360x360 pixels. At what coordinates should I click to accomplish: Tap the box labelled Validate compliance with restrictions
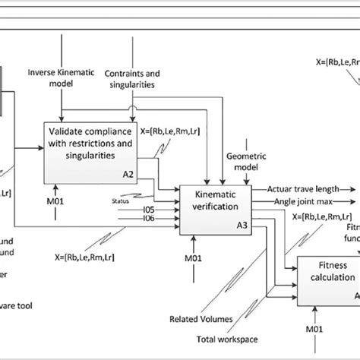pos(91,144)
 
